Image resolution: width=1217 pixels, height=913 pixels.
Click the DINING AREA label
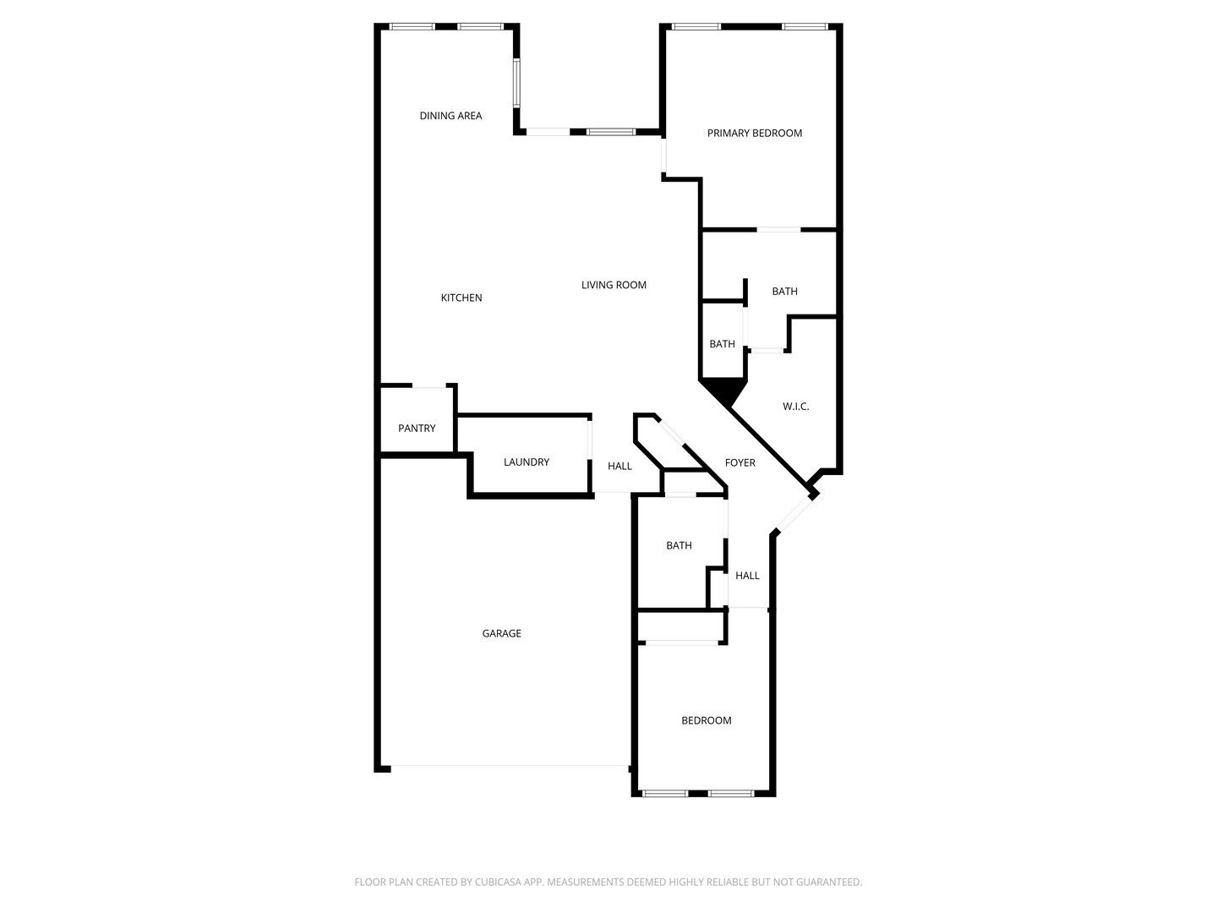click(450, 116)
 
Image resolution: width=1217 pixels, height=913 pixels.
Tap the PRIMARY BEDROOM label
click(754, 133)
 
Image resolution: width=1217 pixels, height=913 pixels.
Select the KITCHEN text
click(461, 298)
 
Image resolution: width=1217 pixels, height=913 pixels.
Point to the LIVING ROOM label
click(614, 285)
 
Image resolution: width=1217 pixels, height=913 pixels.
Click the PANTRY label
click(417, 428)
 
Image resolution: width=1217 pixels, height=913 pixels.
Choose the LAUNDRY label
click(527, 462)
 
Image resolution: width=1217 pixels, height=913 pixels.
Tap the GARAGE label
click(501, 633)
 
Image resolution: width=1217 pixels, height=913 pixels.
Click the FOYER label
click(739, 462)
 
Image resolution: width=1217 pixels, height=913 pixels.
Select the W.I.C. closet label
click(795, 407)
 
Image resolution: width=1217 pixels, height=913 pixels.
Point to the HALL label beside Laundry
click(619, 466)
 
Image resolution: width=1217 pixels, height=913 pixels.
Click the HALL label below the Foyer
click(747, 576)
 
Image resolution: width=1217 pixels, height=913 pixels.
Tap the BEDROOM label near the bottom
click(706, 720)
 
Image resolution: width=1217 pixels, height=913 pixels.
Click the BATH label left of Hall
click(679, 545)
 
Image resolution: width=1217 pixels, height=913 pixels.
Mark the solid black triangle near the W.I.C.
click(723, 391)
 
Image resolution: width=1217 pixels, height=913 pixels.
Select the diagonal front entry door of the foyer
click(794, 514)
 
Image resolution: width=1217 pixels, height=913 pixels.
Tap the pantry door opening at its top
click(428, 385)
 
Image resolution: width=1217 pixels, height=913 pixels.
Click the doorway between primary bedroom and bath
click(778, 229)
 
